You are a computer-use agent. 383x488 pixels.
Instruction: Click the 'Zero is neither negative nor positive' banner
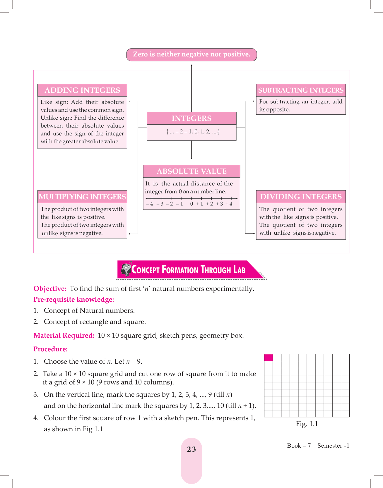pyautogui.click(x=191, y=55)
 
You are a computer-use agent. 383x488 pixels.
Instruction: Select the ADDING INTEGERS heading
pyautogui.click(x=82, y=90)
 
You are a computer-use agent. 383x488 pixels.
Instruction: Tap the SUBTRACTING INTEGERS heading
pyautogui.click(x=301, y=90)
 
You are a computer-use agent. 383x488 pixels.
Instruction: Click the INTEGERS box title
pyautogui.click(x=191, y=118)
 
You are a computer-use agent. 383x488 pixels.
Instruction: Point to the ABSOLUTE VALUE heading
pyautogui.click(x=191, y=171)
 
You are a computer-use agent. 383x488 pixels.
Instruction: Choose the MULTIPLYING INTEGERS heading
pyautogui.click(x=82, y=197)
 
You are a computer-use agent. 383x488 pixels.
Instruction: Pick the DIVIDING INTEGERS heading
pyautogui.click(x=301, y=197)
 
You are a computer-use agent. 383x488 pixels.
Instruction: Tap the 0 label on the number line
pyautogui.click(x=191, y=204)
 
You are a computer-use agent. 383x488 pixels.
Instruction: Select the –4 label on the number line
pyautogui.click(x=149, y=204)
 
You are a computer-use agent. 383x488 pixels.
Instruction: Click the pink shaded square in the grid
pyautogui.click(x=269, y=358)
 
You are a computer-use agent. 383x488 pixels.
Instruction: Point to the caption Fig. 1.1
pyautogui.click(x=307, y=424)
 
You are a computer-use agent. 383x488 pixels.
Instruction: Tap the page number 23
pyautogui.click(x=191, y=449)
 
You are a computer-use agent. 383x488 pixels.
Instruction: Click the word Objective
pyautogui.click(x=50, y=289)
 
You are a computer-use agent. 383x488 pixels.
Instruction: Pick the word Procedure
pyautogui.click(x=50, y=349)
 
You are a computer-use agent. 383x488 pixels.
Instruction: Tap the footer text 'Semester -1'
pyautogui.click(x=333, y=446)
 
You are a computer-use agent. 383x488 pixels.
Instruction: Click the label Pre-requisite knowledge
pyautogui.click(x=74, y=300)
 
